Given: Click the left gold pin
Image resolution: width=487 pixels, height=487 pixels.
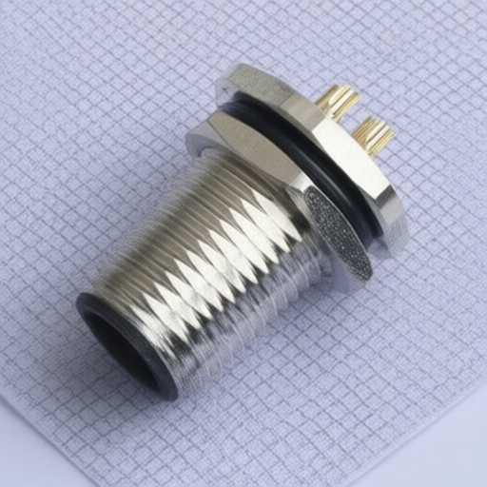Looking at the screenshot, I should [338, 101].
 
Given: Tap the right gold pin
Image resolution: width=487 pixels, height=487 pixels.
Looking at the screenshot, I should [372, 135].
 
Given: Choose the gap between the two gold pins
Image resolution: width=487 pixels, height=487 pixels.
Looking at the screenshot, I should [354, 118].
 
